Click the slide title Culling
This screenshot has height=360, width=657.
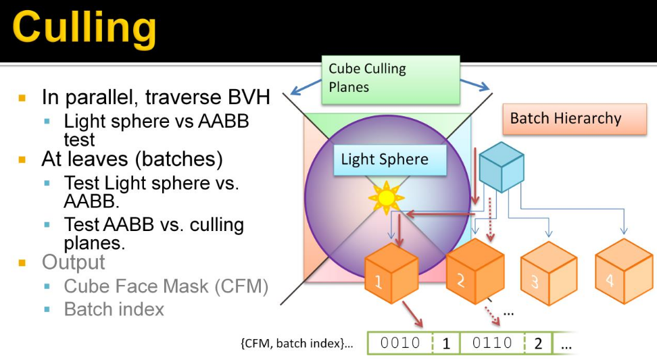click(x=84, y=28)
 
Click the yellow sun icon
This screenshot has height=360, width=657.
click(x=385, y=197)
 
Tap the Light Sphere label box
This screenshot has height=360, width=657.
click(x=385, y=160)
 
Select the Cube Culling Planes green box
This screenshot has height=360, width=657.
click(x=390, y=79)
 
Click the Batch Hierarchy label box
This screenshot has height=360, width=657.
click(x=565, y=119)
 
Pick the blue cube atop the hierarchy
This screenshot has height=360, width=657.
click(x=501, y=168)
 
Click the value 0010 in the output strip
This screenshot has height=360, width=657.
click(x=400, y=343)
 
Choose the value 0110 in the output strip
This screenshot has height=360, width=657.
click(x=492, y=343)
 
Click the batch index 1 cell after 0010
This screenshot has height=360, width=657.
click(x=446, y=343)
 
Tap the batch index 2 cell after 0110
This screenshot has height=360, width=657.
click(x=538, y=343)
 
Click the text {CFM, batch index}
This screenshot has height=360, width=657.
click(x=297, y=343)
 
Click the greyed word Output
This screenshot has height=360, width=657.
click(x=73, y=262)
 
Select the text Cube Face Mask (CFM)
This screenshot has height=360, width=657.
click(x=166, y=286)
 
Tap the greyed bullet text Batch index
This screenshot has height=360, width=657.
click(x=114, y=309)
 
